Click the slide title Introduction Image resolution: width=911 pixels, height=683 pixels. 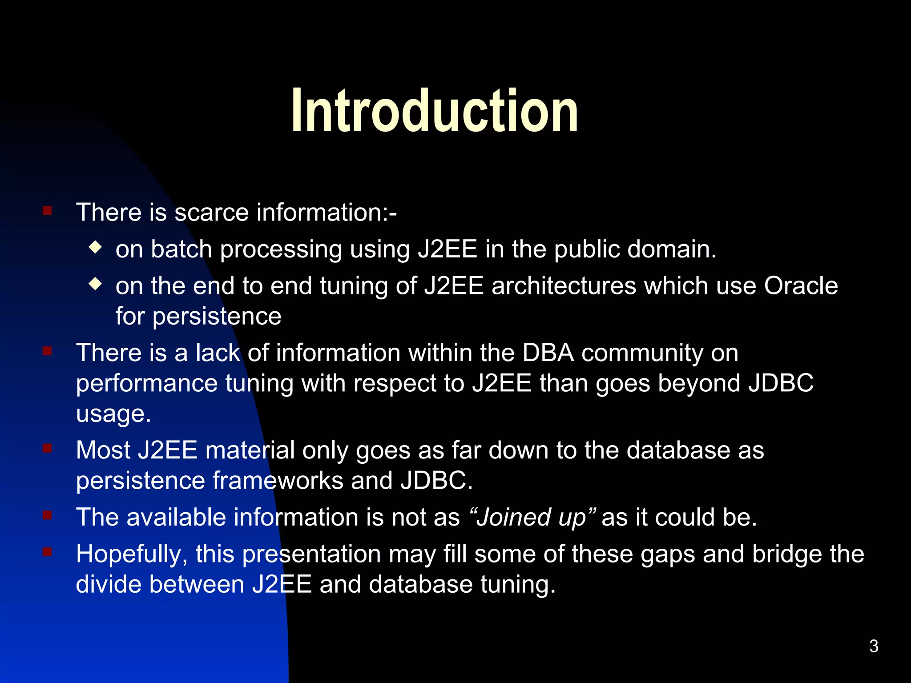435,111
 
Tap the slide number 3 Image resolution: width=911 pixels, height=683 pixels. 874,646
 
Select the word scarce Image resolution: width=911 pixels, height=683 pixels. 212,212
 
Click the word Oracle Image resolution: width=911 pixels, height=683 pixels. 801,285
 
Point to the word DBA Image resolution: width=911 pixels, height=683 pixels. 548,353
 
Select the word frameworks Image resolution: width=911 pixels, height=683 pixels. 278,481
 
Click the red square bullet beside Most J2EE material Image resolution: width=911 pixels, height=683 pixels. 47,448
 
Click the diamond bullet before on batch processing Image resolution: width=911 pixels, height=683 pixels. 95,247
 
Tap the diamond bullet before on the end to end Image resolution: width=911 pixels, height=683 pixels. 95,284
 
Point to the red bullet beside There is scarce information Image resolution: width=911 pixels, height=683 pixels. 47,210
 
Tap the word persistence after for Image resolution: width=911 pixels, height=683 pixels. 217,317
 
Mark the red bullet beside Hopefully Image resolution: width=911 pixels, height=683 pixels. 47,552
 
